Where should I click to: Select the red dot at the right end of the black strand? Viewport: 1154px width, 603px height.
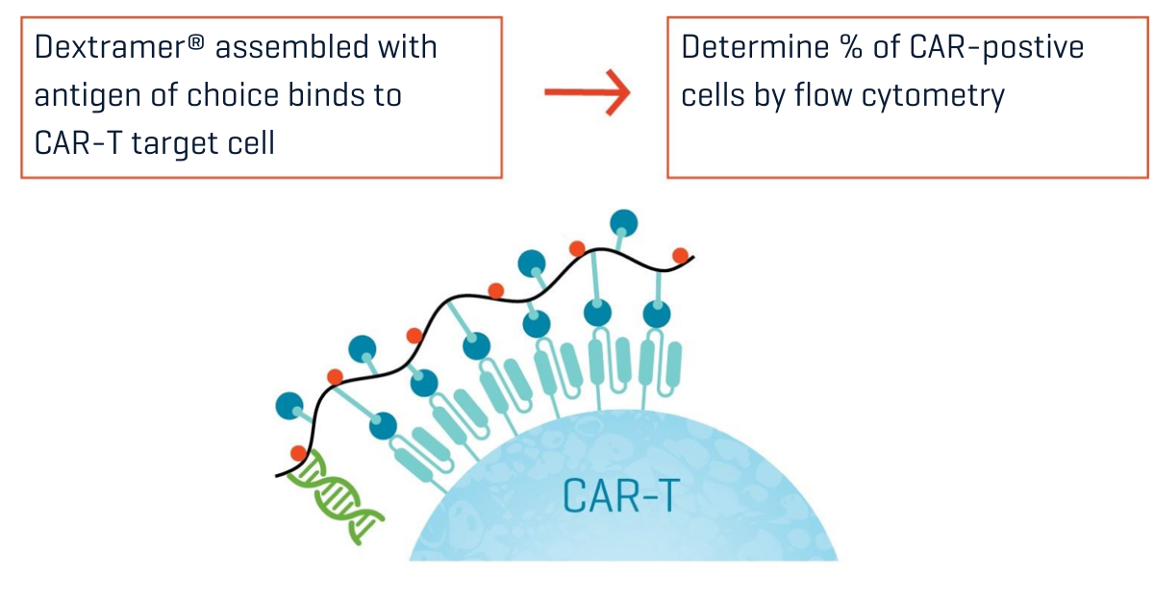tap(681, 256)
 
